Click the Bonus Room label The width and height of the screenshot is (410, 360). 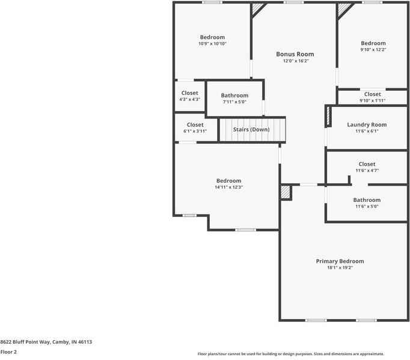295,54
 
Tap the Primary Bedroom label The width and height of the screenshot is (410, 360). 340,261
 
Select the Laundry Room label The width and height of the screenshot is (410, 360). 367,124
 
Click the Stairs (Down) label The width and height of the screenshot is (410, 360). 251,129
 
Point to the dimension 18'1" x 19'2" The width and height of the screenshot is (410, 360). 340,268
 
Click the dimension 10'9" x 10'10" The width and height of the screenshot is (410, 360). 212,44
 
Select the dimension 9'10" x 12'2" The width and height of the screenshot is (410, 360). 373,50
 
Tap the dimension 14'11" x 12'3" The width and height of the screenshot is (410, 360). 228,188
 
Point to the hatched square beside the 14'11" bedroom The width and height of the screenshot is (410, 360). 285,192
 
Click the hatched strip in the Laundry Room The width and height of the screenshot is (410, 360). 328,116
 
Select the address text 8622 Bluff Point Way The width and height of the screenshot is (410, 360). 30,341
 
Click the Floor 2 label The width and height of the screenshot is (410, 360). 8,352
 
